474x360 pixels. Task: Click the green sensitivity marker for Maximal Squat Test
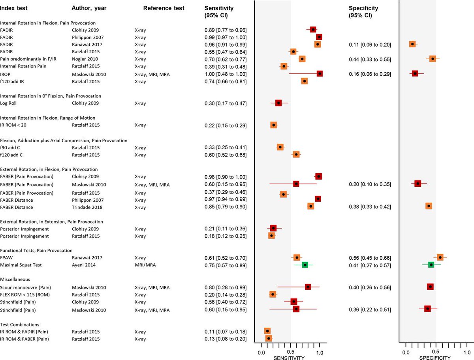point(305,265)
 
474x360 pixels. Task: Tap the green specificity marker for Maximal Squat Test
point(431,265)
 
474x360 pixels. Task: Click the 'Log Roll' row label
point(9,103)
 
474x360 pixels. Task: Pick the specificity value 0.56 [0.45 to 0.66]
point(370,257)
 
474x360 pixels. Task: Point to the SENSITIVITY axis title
point(289,358)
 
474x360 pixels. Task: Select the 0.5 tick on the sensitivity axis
point(290,352)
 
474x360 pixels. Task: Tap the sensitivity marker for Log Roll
point(278,103)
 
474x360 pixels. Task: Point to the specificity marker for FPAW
point(440,257)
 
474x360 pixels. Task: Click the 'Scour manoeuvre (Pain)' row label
point(25,287)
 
